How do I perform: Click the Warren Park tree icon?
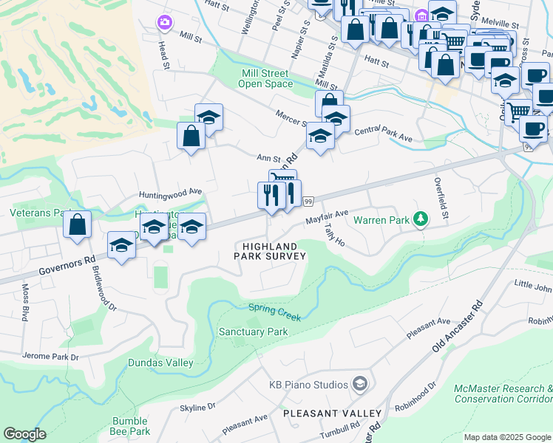pos(421,219)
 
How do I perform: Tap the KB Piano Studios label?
pos(308,385)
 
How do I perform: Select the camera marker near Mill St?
pos(164,22)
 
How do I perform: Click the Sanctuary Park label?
pos(253,332)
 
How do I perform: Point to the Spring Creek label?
pos(274,312)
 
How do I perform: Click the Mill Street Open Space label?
pos(265,78)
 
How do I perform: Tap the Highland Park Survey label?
pos(270,251)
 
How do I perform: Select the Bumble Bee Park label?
pos(129,426)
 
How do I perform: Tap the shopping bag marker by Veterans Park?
pos(77,224)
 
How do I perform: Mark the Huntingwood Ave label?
pos(170,191)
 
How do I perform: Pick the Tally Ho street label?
pos(334,236)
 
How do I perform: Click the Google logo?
pos(24,435)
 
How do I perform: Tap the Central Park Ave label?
pos(383,134)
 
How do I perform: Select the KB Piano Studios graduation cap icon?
pos(359,384)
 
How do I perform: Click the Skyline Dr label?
pos(197,406)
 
